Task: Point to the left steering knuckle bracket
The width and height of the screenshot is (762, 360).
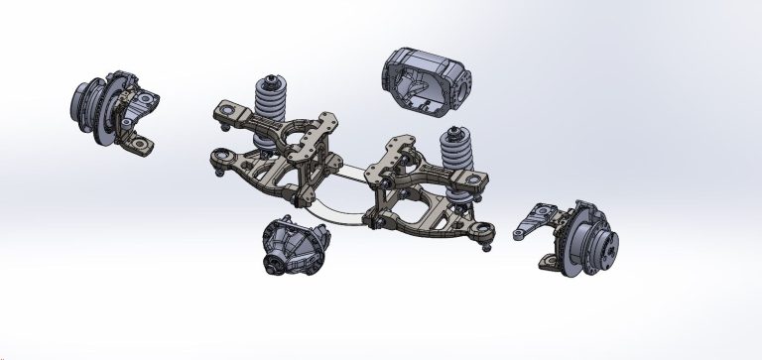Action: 139,119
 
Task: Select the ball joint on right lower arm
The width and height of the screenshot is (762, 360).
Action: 485,235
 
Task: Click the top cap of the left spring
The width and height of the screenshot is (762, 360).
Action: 270,77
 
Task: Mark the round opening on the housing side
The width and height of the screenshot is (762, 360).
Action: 461,76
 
